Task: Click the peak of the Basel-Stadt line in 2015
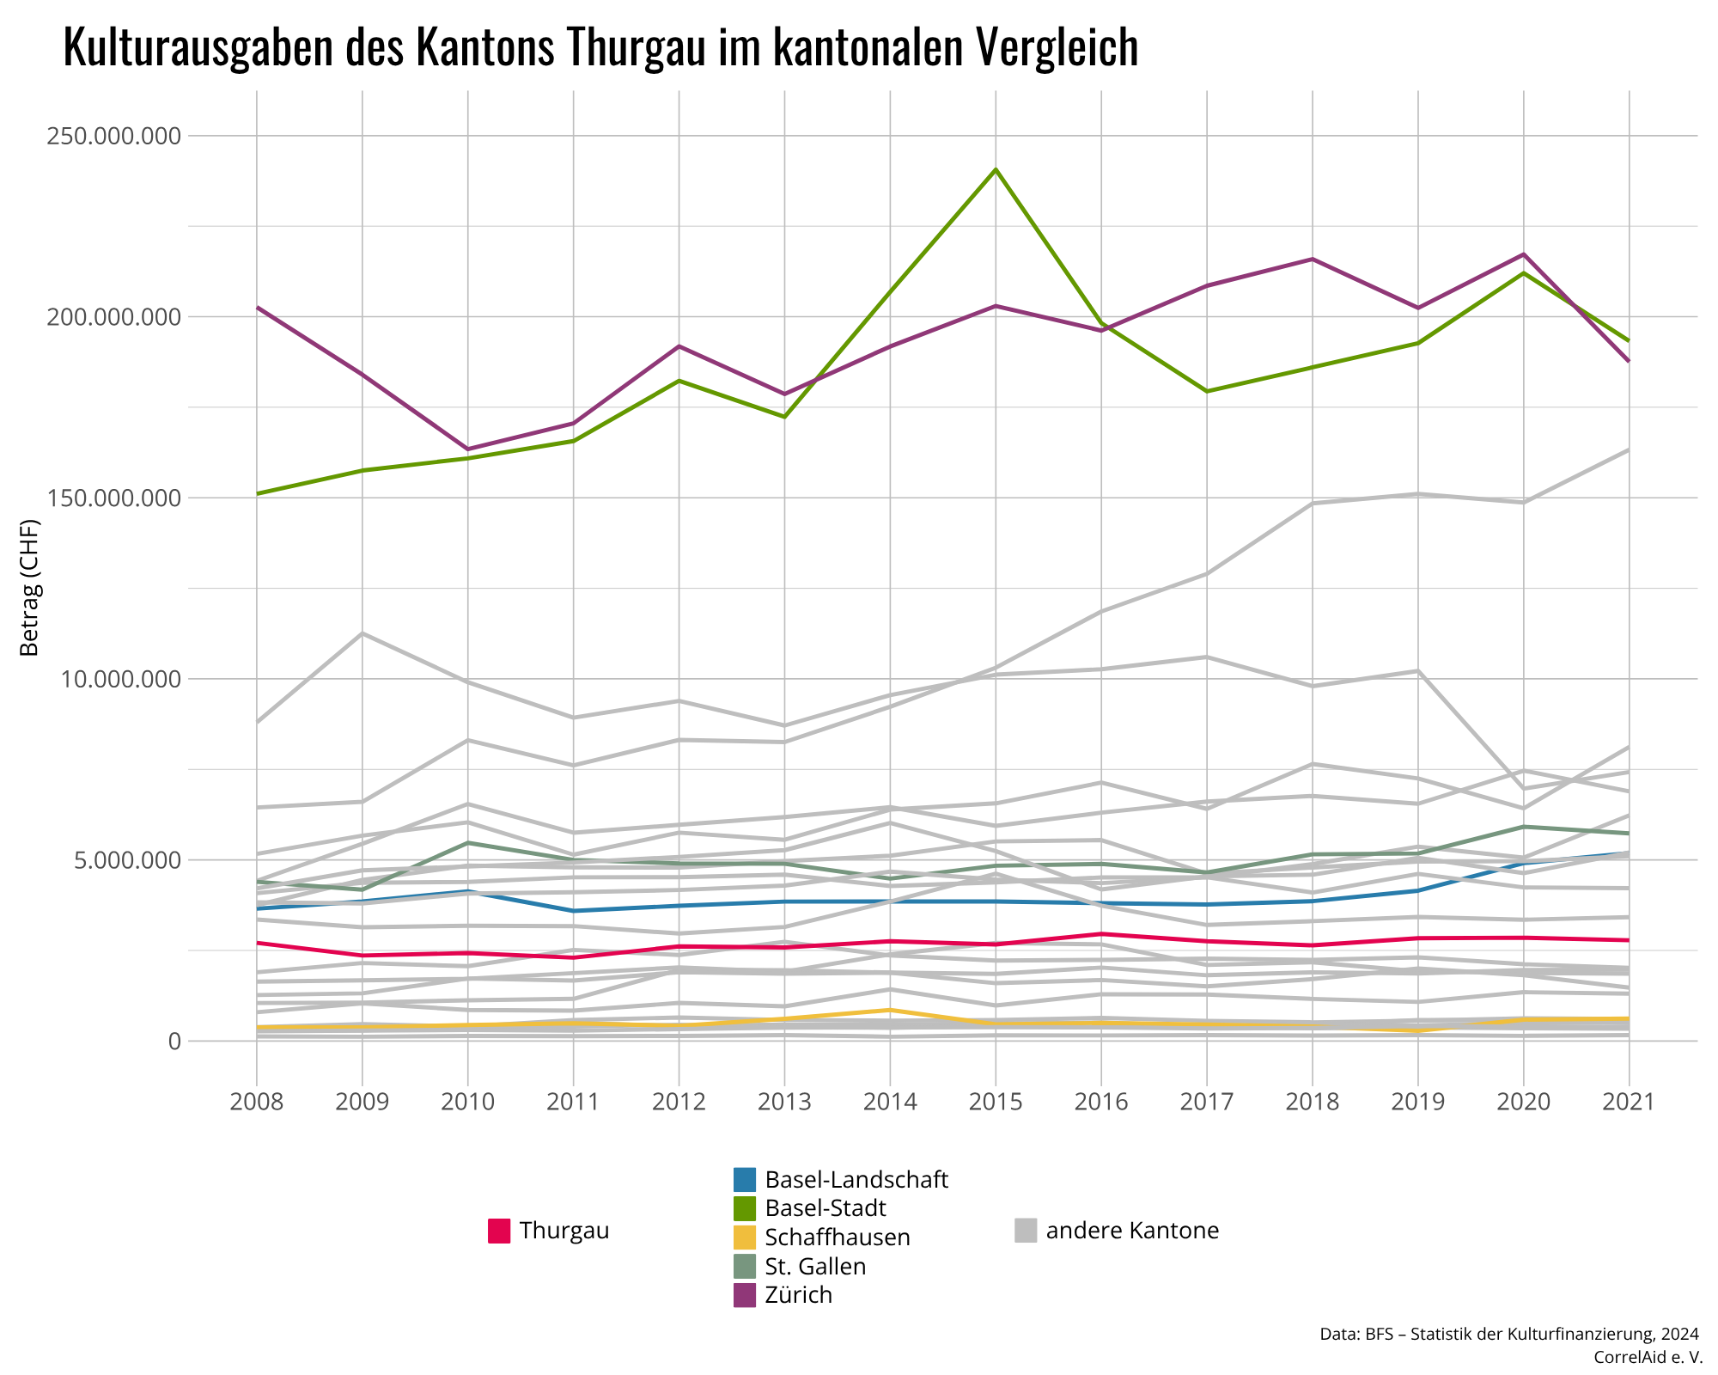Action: (996, 169)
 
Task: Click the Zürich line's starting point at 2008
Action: (257, 307)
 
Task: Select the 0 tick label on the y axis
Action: (174, 1041)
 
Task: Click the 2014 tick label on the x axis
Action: (890, 1102)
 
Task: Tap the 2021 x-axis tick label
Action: (1629, 1102)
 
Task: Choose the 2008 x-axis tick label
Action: (257, 1102)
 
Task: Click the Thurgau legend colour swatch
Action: (499, 1231)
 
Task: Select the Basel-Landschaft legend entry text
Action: (856, 1180)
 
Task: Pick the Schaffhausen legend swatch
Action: (745, 1237)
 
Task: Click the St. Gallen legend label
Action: (815, 1267)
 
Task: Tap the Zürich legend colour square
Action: (745, 1295)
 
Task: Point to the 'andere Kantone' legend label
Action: (1132, 1231)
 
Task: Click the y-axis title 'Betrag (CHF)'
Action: (30, 588)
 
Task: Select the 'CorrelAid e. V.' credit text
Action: (1648, 1357)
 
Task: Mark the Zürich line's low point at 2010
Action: (467, 449)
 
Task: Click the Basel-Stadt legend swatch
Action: (745, 1208)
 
